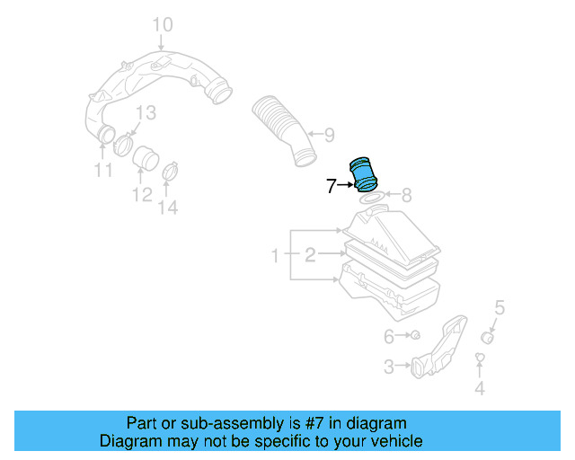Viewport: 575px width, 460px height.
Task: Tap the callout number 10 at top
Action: pos(161,23)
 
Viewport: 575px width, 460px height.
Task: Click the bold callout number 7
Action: pos(331,186)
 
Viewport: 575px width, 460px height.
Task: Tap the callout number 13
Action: pos(146,112)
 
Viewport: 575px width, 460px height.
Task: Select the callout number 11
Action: pos(103,171)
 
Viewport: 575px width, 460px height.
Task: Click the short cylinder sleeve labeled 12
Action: pos(143,159)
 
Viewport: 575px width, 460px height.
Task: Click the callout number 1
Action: pos(277,257)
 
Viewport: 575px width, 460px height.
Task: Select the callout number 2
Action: pos(309,257)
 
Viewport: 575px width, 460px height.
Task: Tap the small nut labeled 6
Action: pos(416,336)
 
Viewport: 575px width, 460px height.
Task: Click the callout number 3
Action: pos(389,366)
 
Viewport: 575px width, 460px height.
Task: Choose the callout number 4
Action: pos(480,388)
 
